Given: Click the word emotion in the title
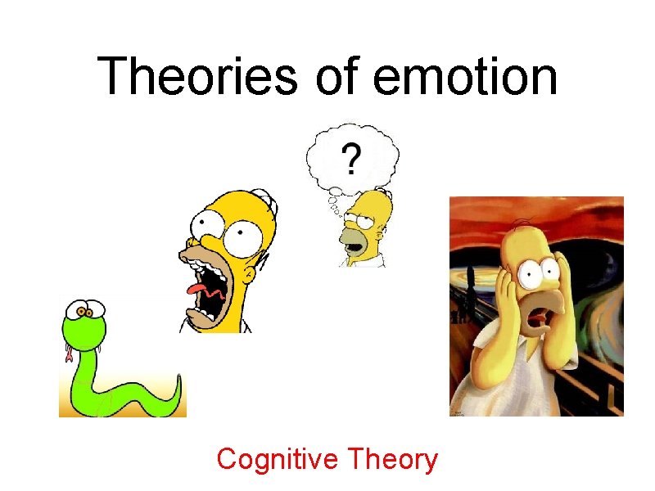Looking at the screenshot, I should [465, 77].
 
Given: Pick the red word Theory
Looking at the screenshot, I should [393, 461].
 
